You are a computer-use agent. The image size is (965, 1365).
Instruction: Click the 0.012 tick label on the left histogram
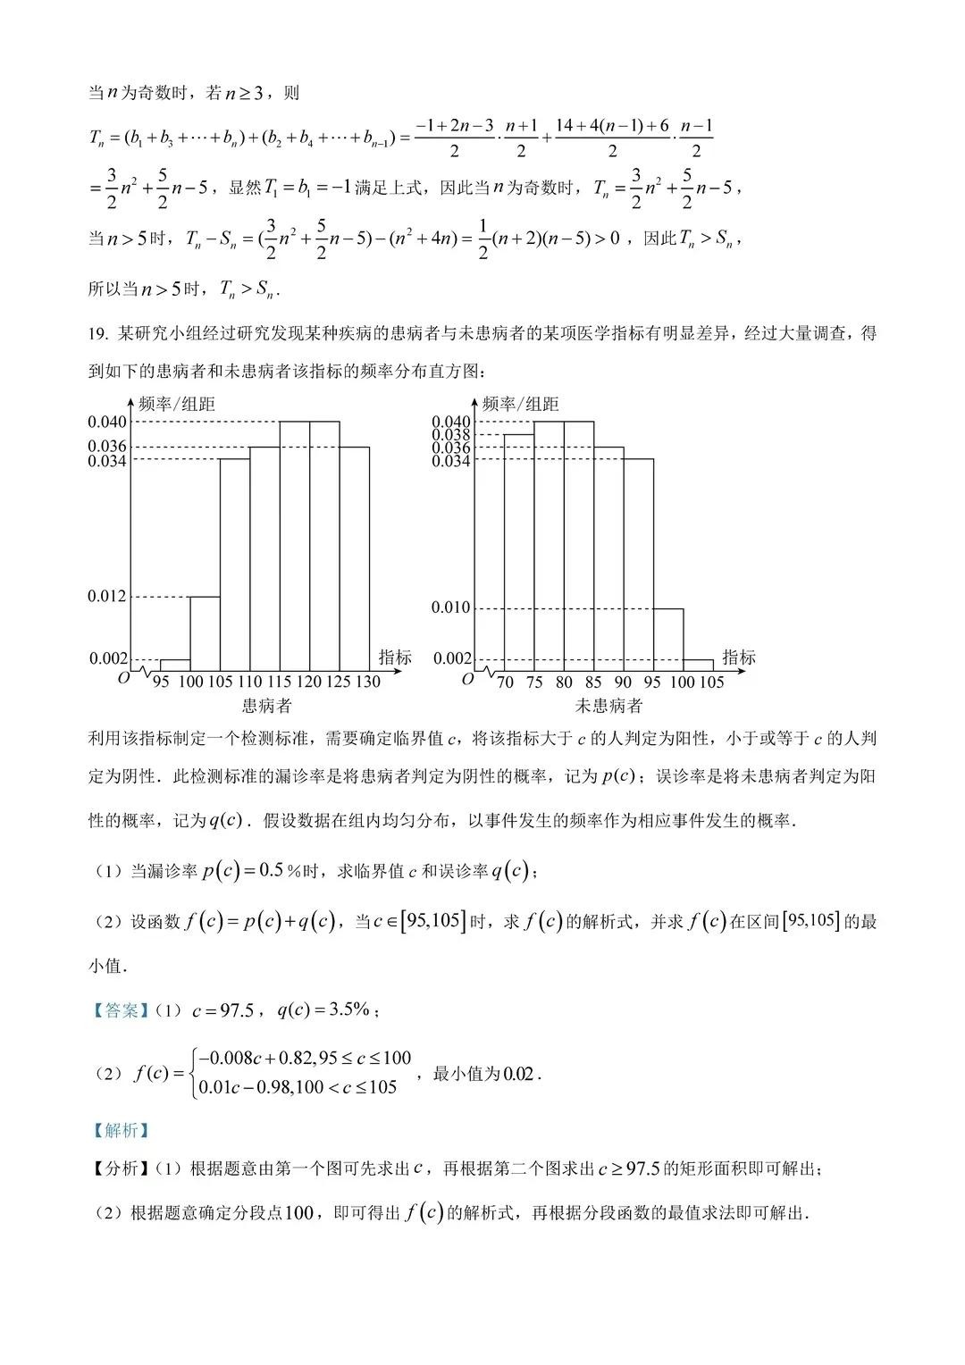coord(107,596)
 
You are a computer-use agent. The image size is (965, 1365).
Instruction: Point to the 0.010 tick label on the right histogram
coord(450,607)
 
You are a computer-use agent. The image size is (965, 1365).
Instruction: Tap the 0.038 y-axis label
coord(450,435)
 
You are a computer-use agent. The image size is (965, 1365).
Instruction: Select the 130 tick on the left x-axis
coord(367,682)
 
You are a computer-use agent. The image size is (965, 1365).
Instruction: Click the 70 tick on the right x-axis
coord(505,682)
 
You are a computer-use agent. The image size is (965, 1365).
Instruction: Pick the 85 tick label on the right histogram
coord(593,682)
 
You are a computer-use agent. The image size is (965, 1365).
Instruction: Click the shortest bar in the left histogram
coord(175,665)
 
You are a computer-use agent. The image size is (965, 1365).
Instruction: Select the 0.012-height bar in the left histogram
coord(205,632)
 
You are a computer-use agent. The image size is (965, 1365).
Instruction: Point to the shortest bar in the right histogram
coord(699,665)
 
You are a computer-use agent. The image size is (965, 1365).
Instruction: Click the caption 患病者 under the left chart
coord(266,706)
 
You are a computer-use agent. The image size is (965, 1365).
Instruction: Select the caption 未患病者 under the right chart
coord(608,706)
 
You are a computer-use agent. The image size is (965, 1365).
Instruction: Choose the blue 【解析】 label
coord(119,1130)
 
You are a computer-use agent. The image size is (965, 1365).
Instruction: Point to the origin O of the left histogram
coord(123,678)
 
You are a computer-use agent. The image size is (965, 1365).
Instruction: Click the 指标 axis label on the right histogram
coord(739,657)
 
